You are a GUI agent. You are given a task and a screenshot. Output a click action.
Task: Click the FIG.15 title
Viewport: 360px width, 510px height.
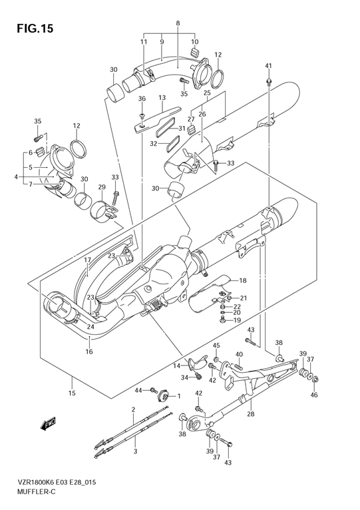(x=35, y=29)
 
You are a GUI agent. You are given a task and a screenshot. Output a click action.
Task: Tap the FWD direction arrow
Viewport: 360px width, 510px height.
(x=49, y=423)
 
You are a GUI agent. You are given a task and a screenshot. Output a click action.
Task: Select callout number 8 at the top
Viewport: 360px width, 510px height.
(x=178, y=23)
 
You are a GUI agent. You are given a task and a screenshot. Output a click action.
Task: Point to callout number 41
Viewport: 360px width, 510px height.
(x=268, y=66)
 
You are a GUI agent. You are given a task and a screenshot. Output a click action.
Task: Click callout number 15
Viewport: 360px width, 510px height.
(x=72, y=393)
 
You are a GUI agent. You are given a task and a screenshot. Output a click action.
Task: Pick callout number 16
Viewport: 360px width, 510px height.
(x=89, y=352)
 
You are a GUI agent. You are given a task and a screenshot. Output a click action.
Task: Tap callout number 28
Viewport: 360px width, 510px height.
(x=251, y=414)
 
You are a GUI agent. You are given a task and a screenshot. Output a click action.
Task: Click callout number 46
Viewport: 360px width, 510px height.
(x=314, y=395)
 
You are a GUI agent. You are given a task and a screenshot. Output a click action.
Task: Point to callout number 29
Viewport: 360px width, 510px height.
(x=102, y=187)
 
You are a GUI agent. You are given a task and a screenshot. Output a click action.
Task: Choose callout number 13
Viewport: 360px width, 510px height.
(x=162, y=98)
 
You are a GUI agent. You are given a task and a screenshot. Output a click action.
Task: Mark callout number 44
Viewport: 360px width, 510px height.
(x=138, y=390)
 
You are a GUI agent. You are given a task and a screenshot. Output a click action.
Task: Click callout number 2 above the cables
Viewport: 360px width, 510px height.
(x=133, y=410)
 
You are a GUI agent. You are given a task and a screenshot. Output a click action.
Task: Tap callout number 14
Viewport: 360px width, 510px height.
(x=176, y=366)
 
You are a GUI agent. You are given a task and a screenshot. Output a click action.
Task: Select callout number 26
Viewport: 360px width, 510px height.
(x=202, y=114)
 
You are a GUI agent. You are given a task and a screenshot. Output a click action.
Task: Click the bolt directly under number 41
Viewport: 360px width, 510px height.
(x=269, y=81)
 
